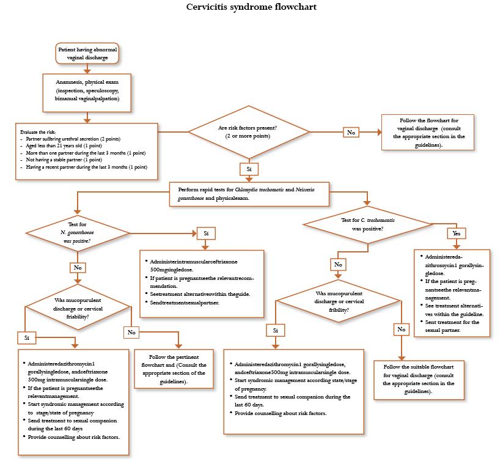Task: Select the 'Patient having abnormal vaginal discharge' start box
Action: coord(86,53)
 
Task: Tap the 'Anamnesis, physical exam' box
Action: coord(86,93)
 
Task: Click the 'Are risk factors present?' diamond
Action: coord(248,131)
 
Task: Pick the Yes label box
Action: coord(455,233)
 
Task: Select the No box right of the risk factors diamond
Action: coord(351,131)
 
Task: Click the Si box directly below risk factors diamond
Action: coord(249,167)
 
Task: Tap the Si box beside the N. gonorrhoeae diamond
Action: coord(205,233)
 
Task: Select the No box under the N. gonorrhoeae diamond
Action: coord(77,267)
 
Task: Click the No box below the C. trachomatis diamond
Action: coord(338,265)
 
